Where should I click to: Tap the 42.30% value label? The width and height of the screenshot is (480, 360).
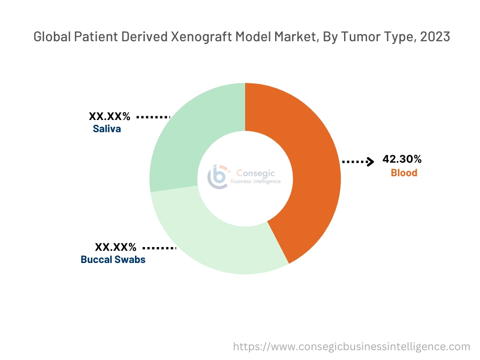pos(402,159)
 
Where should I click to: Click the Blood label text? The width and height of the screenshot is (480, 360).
pos(404,173)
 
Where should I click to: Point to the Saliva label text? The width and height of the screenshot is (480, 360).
pos(107,129)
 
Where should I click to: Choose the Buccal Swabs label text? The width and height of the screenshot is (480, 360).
pos(113,259)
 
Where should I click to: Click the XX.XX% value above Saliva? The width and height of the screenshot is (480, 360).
pos(110,116)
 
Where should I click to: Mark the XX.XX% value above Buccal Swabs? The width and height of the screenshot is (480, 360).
pos(116,247)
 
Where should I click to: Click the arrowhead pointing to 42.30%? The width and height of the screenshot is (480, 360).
pos(370,162)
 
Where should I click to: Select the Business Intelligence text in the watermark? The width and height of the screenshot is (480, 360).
pos(255,181)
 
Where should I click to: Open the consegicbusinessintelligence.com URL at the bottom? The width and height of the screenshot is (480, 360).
pos(352,347)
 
